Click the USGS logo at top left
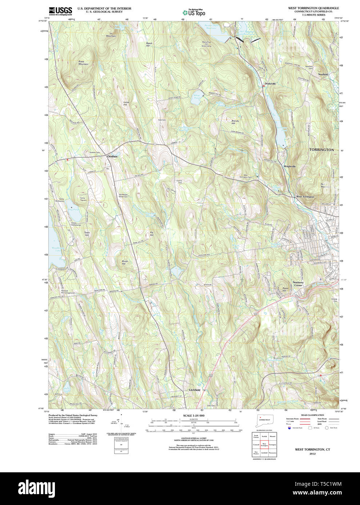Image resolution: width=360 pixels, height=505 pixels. pyautogui.click(x=60, y=11)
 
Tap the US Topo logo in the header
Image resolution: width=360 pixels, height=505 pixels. pyautogui.click(x=194, y=12)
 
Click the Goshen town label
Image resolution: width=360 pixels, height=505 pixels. pyautogui.click(x=112, y=156)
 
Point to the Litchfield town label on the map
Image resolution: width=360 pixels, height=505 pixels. pyautogui.click(x=195, y=390)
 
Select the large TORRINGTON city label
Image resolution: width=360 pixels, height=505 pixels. pyautogui.click(x=321, y=150)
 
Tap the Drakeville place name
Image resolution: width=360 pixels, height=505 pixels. pyautogui.click(x=270, y=84)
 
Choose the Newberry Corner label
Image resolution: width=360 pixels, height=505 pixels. pyautogui.click(x=298, y=284)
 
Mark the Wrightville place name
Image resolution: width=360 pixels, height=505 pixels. pyautogui.click(x=290, y=166)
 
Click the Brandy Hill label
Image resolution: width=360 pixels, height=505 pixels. pyautogui.click(x=235, y=122)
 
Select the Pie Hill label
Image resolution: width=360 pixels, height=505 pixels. pyautogui.click(x=152, y=234)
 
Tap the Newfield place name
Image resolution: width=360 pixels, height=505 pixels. pyautogui.click(x=323, y=74)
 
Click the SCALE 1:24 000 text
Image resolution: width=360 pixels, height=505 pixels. pyautogui.click(x=193, y=416)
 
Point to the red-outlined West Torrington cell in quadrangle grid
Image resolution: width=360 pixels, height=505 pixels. pyautogui.click(x=264, y=444)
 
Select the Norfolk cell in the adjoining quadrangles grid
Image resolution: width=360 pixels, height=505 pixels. pyautogui.click(x=264, y=436)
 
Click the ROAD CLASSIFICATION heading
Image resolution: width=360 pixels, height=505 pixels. pyautogui.click(x=312, y=415)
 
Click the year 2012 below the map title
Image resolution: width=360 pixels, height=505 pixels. pyautogui.click(x=312, y=454)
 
